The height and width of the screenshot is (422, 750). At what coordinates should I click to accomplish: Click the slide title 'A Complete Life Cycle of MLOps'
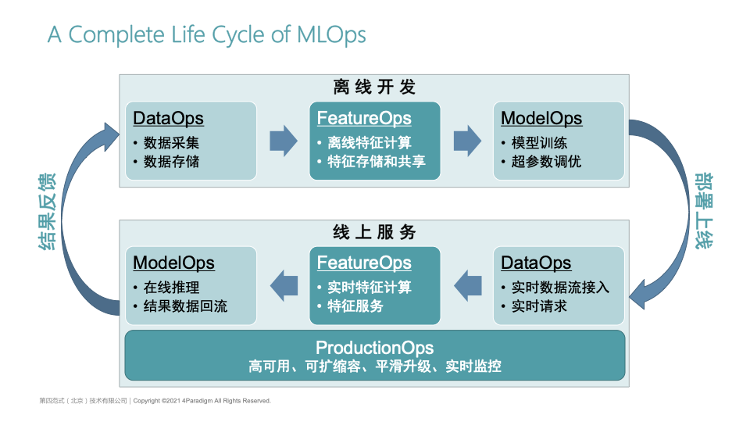pyautogui.click(x=206, y=35)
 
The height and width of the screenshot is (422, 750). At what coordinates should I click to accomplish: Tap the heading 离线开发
pyautogui.click(x=374, y=87)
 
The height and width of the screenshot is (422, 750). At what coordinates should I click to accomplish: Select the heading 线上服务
pyautogui.click(x=374, y=232)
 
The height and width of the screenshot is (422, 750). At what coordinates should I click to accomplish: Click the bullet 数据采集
pyautogui.click(x=171, y=143)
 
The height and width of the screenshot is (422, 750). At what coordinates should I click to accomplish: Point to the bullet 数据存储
pyautogui.click(x=171, y=162)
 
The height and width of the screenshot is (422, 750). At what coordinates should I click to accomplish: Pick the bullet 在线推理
pyautogui.click(x=171, y=288)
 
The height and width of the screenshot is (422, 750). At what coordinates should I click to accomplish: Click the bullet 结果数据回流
pyautogui.click(x=185, y=306)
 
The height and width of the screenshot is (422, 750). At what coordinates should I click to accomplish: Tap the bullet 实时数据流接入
pyautogui.click(x=560, y=288)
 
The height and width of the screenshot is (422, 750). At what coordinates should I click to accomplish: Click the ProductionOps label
pyautogui.click(x=374, y=348)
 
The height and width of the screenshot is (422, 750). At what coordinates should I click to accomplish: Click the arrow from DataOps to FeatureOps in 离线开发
pyautogui.click(x=283, y=141)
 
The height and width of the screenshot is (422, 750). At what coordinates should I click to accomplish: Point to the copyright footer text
pyautogui.click(x=155, y=401)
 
